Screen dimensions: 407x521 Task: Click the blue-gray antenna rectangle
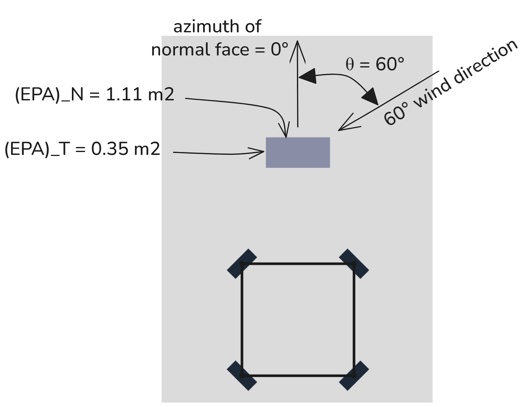[x=298, y=152]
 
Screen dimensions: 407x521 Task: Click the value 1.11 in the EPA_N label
[x=124, y=94]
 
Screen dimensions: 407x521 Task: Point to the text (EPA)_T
[x=37, y=149]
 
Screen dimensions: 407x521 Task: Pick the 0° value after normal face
[x=279, y=49]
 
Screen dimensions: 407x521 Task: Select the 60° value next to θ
[x=390, y=64]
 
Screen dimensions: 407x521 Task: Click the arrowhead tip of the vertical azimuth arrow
[x=298, y=42]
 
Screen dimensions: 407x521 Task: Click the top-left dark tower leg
[x=242, y=264]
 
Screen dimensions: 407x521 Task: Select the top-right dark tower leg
[x=354, y=264]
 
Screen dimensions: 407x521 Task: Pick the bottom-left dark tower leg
[x=242, y=375]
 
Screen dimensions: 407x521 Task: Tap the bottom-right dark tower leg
[x=354, y=375]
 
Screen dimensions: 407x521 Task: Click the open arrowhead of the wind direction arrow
[x=340, y=129]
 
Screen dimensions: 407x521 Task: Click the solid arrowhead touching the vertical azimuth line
[x=307, y=76]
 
